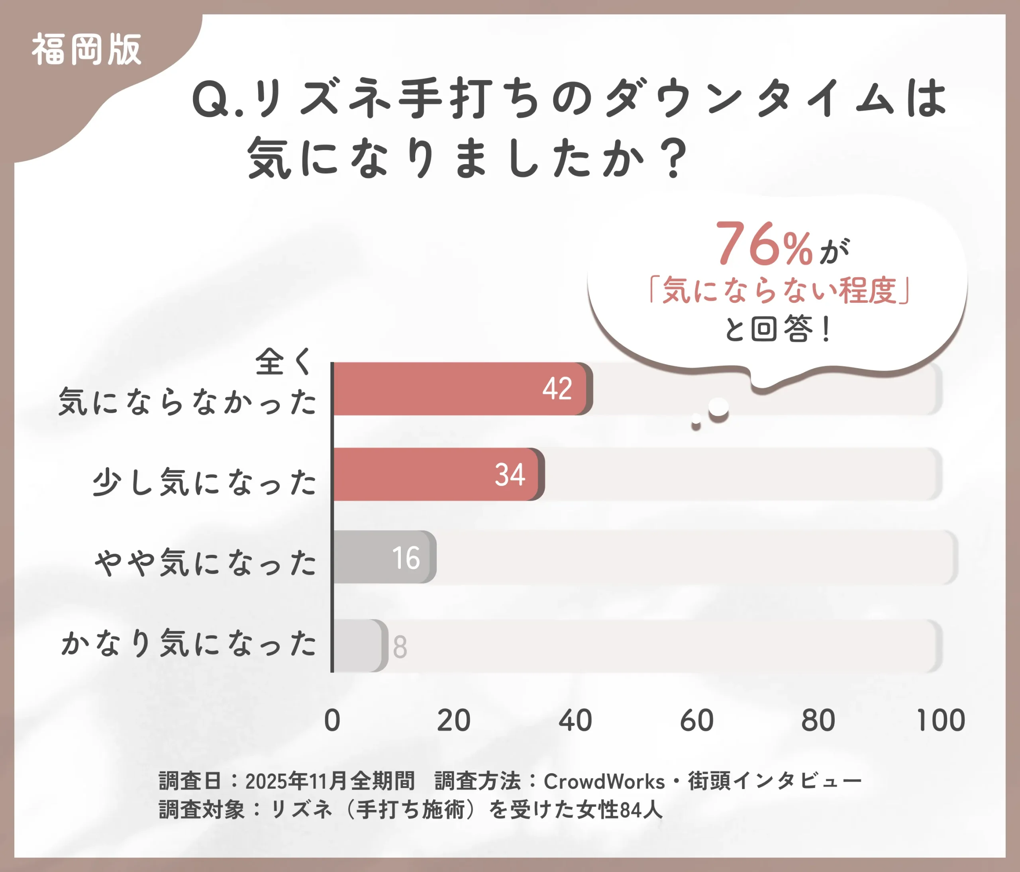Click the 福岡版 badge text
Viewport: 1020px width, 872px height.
tap(86, 50)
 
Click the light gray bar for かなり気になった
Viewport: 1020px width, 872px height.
tap(357, 646)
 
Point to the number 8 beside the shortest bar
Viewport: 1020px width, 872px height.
tap(400, 647)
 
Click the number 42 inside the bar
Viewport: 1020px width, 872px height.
tap(557, 389)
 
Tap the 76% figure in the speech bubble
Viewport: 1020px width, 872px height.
tap(763, 245)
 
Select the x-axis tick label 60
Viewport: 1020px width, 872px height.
tap(696, 721)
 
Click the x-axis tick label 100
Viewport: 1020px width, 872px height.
tap(940, 721)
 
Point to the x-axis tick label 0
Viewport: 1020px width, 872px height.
tap(332, 721)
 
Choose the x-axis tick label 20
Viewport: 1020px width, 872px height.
tap(453, 721)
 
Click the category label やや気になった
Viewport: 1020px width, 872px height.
tap(205, 562)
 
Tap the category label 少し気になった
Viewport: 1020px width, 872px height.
tap(204, 482)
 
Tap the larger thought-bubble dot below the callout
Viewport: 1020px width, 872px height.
tap(718, 408)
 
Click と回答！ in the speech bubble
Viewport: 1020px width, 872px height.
tap(778, 329)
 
